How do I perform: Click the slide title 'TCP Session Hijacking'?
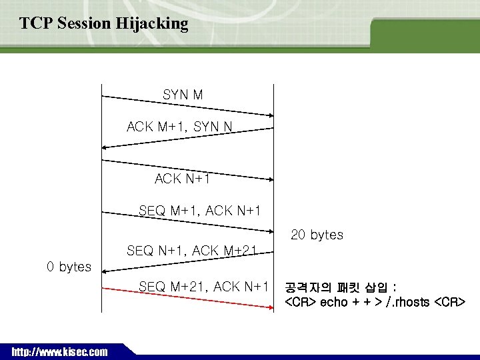[x=104, y=24]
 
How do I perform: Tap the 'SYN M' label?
[x=183, y=95]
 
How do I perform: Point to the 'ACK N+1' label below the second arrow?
[x=182, y=179]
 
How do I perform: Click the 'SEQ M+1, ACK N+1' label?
[x=199, y=211]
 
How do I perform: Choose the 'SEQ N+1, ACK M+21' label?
[x=191, y=251]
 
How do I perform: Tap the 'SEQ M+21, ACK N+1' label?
[x=203, y=287]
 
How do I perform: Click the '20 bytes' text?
[x=317, y=235]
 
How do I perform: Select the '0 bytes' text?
[x=69, y=267]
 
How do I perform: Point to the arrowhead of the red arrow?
[x=269, y=307]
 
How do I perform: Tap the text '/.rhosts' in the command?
[x=403, y=303]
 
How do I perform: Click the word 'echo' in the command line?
[x=334, y=303]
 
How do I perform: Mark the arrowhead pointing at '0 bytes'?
[x=105, y=269]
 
